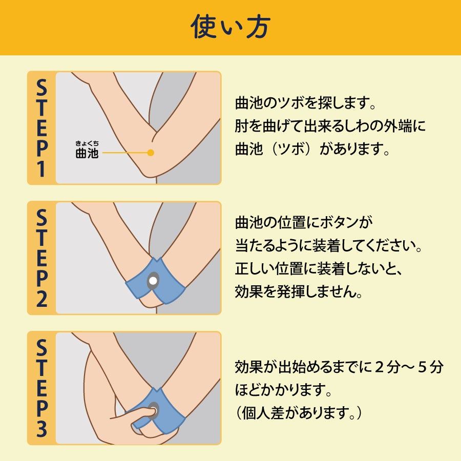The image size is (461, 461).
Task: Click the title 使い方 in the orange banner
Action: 230,27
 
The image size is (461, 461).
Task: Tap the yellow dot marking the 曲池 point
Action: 151,153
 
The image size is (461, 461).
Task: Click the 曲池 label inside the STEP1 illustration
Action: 87,153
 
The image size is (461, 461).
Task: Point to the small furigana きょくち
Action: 87,143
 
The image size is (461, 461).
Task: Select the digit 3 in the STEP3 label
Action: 41,429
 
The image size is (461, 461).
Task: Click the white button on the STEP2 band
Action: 153,281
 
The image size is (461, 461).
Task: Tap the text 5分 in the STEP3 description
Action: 430,367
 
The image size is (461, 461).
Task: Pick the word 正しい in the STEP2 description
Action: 256,268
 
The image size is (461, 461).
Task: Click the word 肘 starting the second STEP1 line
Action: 242,126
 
